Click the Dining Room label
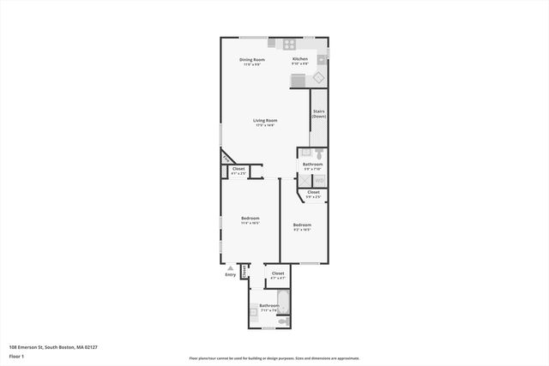[252, 61]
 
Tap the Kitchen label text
[300, 61]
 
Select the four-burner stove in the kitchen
[289, 44]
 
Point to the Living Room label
[264, 123]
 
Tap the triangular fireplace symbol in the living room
[226, 158]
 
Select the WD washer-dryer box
[318, 181]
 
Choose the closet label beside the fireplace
[238, 171]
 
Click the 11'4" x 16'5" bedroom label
[250, 221]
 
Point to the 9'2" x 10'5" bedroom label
[302, 227]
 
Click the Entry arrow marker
[230, 267]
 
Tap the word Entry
[230, 274]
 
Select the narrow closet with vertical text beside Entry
[244, 273]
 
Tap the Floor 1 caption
[17, 355]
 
